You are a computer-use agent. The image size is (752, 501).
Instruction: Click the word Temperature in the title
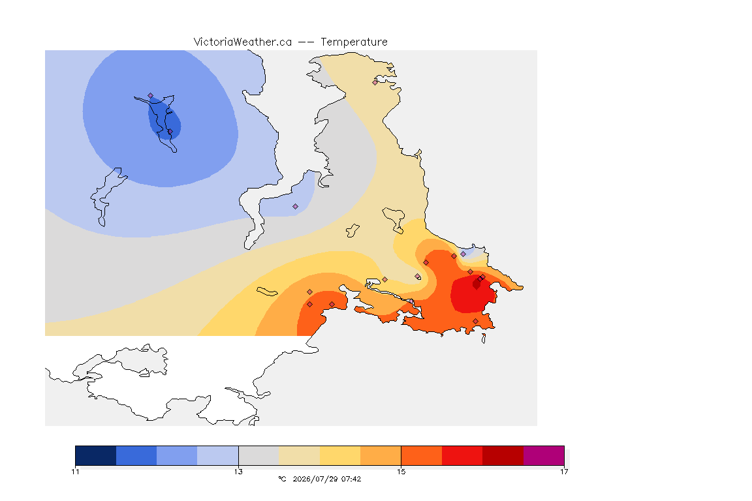(354, 42)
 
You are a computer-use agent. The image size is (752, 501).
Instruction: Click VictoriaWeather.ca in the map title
(243, 42)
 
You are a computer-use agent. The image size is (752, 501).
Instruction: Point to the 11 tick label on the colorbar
(75, 472)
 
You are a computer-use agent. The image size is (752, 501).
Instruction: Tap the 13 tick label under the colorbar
(238, 472)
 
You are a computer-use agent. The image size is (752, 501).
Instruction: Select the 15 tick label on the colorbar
(401, 472)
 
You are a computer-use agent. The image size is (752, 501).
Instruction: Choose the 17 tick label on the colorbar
(564, 472)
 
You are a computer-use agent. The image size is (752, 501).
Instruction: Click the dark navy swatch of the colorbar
(95, 455)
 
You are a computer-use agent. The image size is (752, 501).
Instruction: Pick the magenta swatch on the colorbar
(544, 455)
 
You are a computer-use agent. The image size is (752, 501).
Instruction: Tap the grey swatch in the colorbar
(258, 455)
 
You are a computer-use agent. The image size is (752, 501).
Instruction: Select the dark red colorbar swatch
(503, 455)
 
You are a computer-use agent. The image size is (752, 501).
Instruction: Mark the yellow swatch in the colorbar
(340, 455)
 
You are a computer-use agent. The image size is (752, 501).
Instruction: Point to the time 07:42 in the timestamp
(351, 479)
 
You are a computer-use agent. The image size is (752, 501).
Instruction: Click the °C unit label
(283, 479)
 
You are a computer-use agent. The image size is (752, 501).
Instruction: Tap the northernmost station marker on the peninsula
(375, 82)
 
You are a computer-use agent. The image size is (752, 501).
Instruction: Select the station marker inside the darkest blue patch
(170, 131)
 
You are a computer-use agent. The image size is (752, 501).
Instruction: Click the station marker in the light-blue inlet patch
(296, 207)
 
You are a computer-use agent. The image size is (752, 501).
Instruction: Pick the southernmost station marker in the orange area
(475, 321)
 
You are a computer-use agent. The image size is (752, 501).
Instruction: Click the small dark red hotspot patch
(477, 284)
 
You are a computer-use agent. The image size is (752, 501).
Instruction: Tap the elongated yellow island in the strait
(267, 292)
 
